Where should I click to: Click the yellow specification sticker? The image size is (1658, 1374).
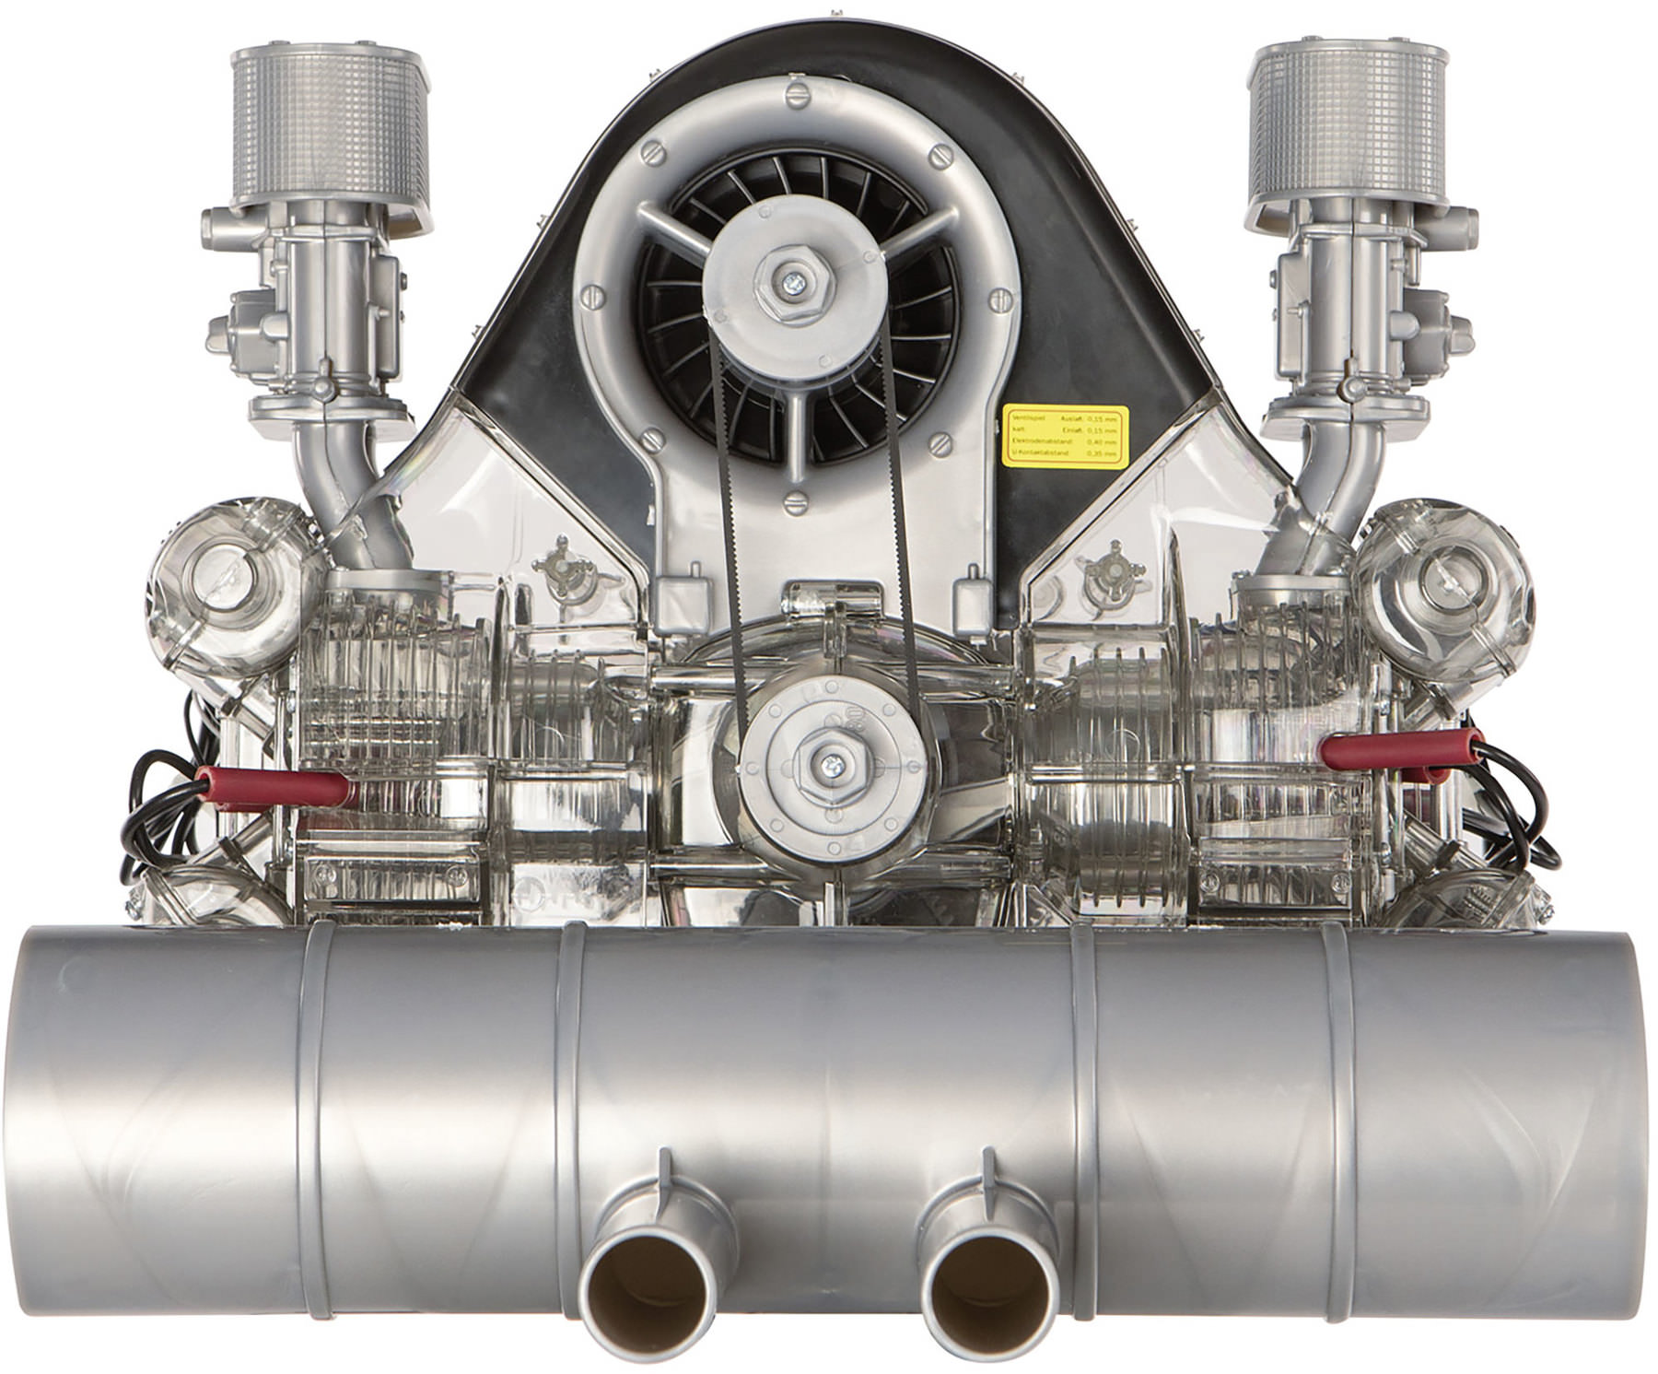click(1065, 430)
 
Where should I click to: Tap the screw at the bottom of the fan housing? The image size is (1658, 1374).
click(795, 502)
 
